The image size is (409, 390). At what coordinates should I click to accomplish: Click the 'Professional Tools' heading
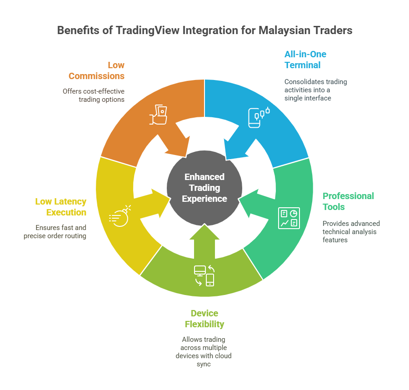(x=348, y=201)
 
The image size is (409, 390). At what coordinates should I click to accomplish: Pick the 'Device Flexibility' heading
(x=204, y=319)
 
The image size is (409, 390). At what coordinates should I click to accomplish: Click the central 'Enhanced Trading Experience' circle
(x=204, y=188)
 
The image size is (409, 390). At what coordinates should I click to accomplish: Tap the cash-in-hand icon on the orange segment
(x=158, y=115)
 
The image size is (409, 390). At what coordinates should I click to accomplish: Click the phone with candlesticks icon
(x=258, y=117)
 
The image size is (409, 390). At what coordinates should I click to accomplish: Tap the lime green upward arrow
(x=204, y=239)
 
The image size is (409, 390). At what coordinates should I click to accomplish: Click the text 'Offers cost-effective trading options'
(x=94, y=95)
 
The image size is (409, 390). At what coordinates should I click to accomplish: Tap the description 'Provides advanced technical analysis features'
(x=351, y=231)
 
